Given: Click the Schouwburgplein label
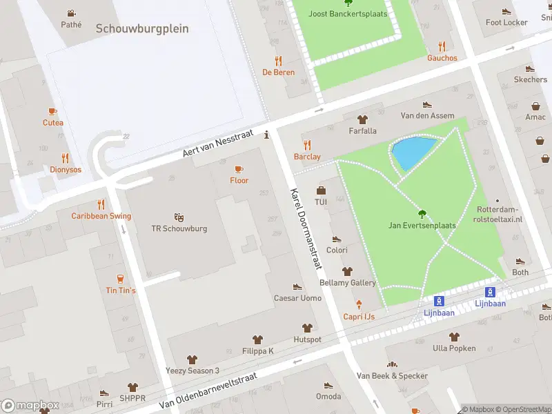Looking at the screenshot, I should [142, 29].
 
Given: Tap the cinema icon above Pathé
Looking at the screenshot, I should [71, 13].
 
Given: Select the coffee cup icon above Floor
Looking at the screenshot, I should [239, 169].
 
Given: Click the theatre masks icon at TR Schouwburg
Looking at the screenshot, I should [179, 217].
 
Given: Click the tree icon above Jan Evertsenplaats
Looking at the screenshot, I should [424, 213].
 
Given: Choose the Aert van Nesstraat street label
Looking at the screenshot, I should [218, 143].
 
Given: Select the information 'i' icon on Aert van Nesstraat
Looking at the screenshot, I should [267, 135].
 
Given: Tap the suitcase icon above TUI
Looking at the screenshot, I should [321, 190].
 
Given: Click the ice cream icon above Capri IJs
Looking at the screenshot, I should [359, 304].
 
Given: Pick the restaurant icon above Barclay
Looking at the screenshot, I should [307, 145].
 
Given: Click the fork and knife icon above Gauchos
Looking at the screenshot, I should [442, 46].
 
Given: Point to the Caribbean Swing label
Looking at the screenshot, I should [101, 216].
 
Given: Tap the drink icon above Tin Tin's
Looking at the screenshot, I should [121, 279].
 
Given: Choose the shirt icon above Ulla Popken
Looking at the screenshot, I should [453, 337].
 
